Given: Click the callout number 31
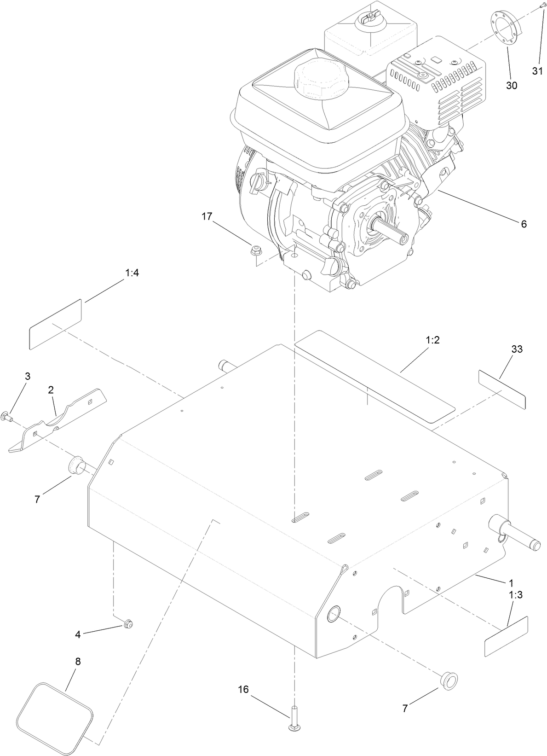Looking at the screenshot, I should pyautogui.click(x=538, y=71).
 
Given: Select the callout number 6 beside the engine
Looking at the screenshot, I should pyautogui.click(x=524, y=224).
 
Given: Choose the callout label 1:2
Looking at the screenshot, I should pyautogui.click(x=433, y=340).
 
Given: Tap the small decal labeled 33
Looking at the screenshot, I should pyautogui.click(x=501, y=389).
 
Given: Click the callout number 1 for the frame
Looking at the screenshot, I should pyautogui.click(x=511, y=582).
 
